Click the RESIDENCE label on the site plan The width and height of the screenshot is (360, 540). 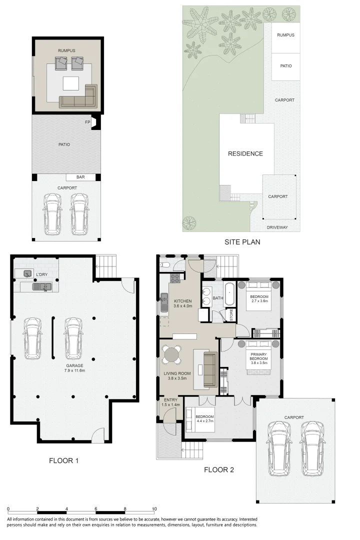pos(245,153)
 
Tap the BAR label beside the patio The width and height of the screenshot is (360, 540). pos(80,177)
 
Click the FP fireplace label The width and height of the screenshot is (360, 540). pos(87,122)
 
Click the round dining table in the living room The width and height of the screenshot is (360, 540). pos(171,355)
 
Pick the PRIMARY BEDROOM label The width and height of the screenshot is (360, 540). pos(258,357)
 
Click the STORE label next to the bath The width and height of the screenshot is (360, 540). pos(231,315)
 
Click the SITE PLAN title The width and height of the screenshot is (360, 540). pos(242,241)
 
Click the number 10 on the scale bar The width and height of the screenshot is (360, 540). pos(154,509)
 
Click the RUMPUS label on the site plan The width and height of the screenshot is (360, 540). pos(285,35)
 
